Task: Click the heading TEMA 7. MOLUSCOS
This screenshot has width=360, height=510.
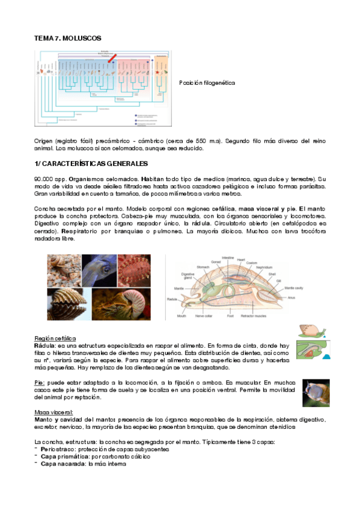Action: pyautogui.click(x=67, y=38)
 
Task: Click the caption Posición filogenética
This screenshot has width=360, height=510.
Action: pyautogui.click(x=207, y=82)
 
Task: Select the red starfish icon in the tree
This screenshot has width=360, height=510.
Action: pyautogui.click(x=158, y=71)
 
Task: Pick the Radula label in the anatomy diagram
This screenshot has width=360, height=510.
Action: pyautogui.click(x=173, y=298)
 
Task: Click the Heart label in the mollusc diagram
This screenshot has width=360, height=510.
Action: pyautogui.click(x=242, y=260)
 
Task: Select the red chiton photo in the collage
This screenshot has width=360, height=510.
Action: pyautogui.click(x=135, y=269)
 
